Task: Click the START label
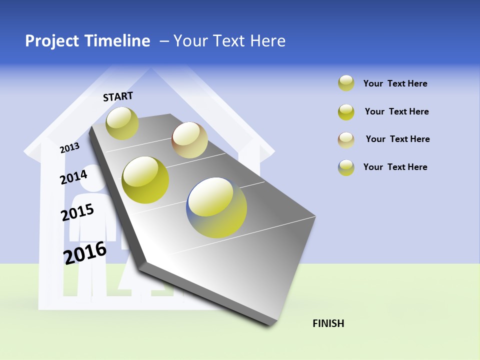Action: point(118,96)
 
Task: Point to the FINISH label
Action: point(328,323)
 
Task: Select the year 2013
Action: point(69,148)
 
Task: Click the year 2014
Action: point(73,177)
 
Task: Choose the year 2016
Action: point(85,253)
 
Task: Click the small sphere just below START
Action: point(122,123)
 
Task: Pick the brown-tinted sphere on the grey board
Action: point(189,140)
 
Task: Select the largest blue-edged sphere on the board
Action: point(216,207)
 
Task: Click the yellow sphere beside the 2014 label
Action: point(145,180)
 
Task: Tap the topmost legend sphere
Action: point(346,83)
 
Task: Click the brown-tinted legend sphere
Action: point(346,140)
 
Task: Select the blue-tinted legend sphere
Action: point(346,167)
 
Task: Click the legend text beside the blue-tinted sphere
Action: point(395,167)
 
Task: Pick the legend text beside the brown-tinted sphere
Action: point(397,139)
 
